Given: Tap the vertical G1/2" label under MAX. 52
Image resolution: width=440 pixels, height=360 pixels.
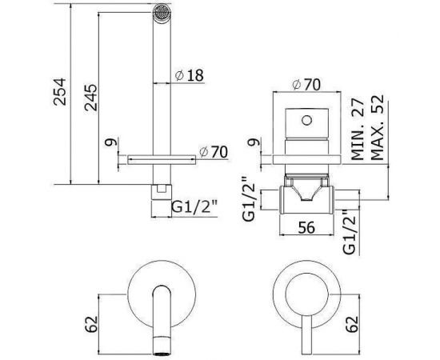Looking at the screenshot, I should (350, 232).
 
